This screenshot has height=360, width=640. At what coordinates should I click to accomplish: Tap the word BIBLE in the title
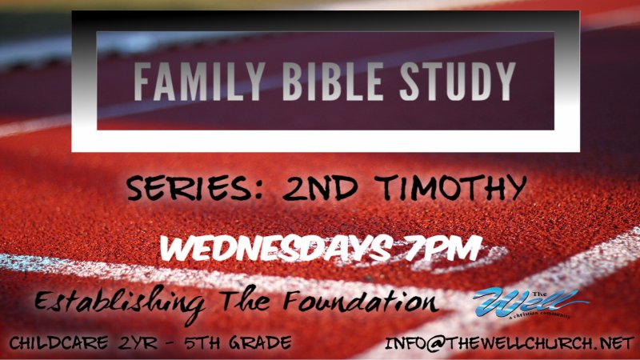(x=322, y=81)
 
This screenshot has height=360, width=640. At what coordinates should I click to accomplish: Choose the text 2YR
(x=137, y=343)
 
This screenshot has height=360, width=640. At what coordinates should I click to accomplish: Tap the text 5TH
(x=206, y=343)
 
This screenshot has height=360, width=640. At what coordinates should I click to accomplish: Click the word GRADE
(x=261, y=343)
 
